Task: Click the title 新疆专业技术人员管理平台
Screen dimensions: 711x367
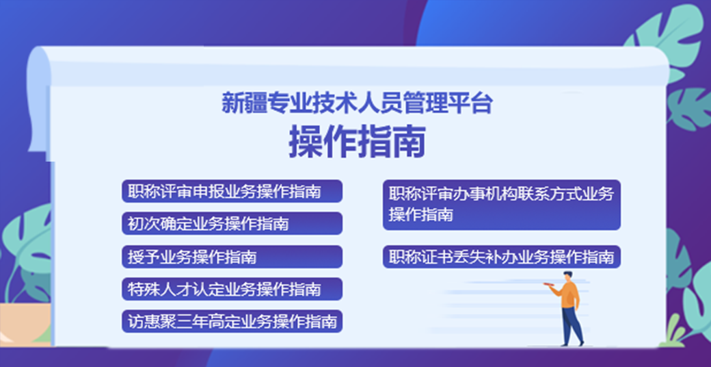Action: click(x=357, y=103)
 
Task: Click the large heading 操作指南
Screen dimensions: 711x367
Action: click(x=358, y=141)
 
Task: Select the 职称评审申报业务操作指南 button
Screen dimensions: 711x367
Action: click(x=232, y=191)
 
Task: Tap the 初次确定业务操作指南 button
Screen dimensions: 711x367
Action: click(x=232, y=223)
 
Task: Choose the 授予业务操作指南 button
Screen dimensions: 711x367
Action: click(x=232, y=257)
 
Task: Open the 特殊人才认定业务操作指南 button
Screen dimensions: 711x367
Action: click(x=232, y=289)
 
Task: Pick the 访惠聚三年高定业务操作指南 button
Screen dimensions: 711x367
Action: click(x=232, y=321)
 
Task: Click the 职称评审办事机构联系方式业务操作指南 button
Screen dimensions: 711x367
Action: click(x=502, y=205)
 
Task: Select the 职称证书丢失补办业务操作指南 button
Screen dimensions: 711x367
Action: click(x=502, y=257)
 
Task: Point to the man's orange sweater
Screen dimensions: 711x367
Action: click(x=567, y=295)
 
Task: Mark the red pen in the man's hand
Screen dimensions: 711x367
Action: click(x=549, y=284)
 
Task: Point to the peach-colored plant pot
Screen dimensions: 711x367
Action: click(x=25, y=322)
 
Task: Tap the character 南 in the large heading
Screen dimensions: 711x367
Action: click(x=410, y=141)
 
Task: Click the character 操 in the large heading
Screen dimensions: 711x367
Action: click(x=305, y=141)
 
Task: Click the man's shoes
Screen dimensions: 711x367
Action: click(x=572, y=344)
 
